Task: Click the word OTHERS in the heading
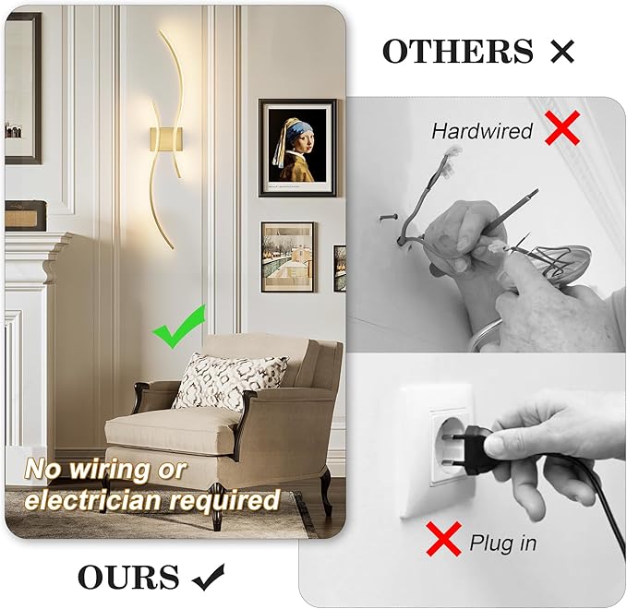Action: click(x=457, y=52)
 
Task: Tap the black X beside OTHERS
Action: click(x=561, y=53)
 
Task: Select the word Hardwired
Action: click(x=482, y=131)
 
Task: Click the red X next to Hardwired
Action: click(x=562, y=128)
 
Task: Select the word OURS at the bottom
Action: click(x=128, y=578)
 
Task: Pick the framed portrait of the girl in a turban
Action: click(x=296, y=148)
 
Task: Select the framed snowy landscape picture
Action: click(x=287, y=257)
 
